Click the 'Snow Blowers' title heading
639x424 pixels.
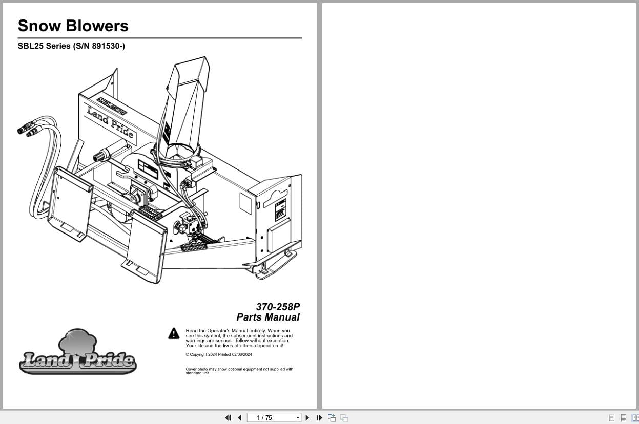(x=73, y=26)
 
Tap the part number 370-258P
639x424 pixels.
(x=278, y=307)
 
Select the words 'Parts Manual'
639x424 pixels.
(x=268, y=317)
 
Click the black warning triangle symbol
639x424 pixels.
(x=174, y=333)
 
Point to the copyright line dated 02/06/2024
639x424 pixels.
(x=219, y=354)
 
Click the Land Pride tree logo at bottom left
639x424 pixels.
(x=78, y=353)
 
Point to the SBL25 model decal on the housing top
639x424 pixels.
(x=112, y=105)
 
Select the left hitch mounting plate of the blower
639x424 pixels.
(x=70, y=202)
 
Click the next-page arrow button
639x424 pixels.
(x=307, y=418)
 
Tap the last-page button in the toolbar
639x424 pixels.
(x=319, y=418)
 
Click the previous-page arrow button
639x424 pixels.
(x=239, y=418)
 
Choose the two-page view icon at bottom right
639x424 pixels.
(x=635, y=418)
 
